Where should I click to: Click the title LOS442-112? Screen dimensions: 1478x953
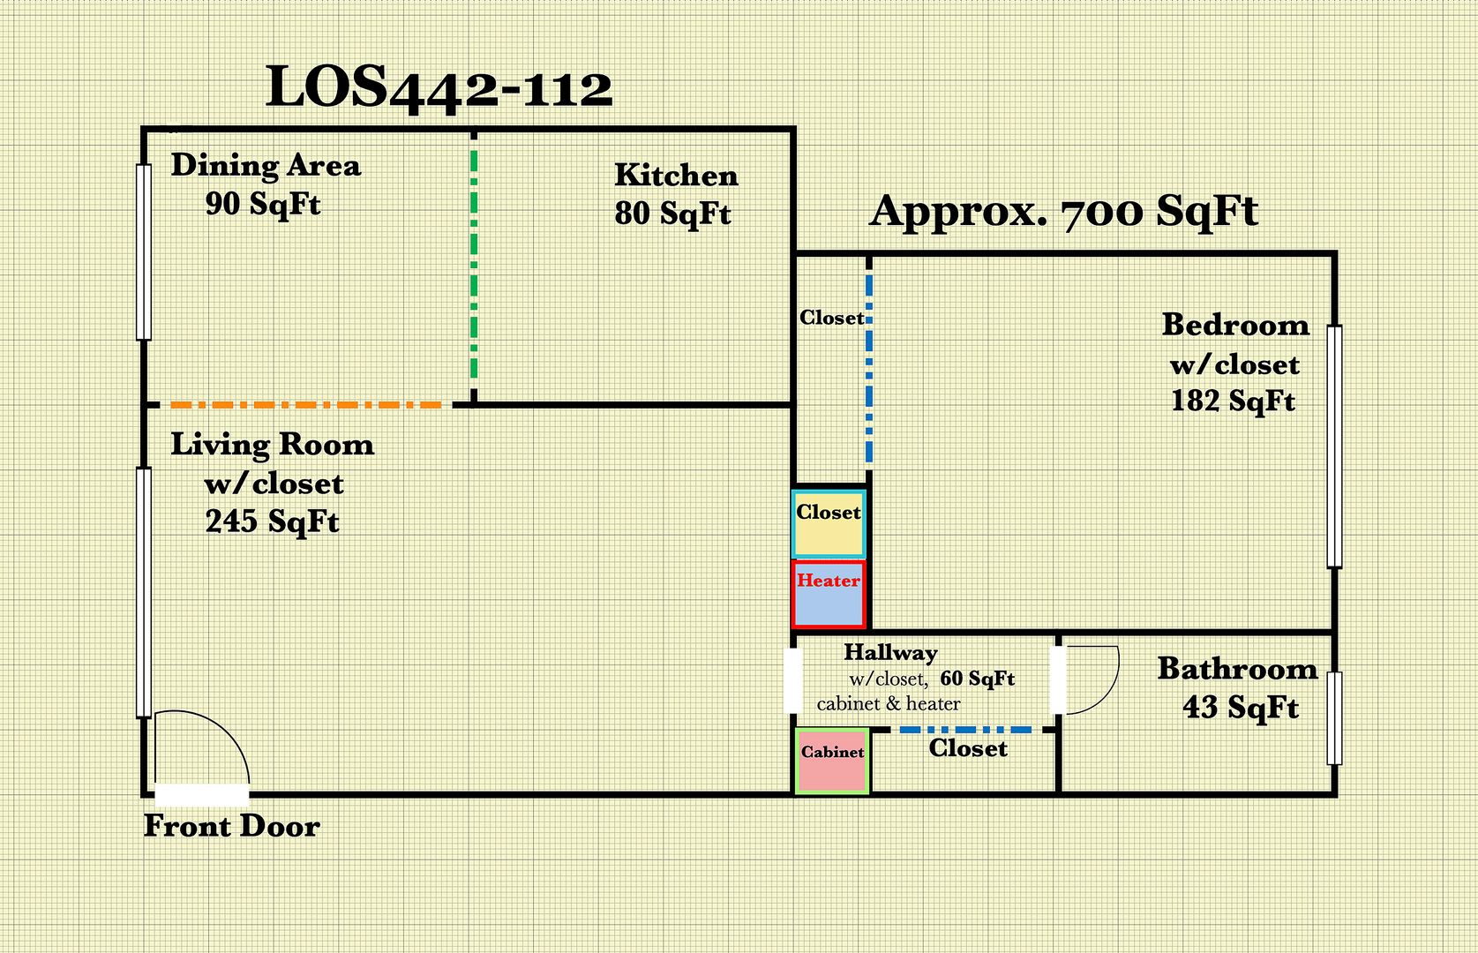pyautogui.click(x=439, y=89)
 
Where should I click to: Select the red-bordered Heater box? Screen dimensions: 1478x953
pyautogui.click(x=829, y=594)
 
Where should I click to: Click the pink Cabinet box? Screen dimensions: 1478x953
pyautogui.click(x=832, y=761)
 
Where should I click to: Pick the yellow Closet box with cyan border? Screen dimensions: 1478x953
pyautogui.click(x=829, y=524)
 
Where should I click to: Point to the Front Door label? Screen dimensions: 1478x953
pyautogui.click(x=231, y=826)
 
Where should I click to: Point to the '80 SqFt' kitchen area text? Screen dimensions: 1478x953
pyautogui.click(x=672, y=214)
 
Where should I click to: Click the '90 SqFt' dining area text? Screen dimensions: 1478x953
pyautogui.click(x=263, y=204)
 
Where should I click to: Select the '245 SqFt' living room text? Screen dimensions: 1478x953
pyautogui.click(x=272, y=522)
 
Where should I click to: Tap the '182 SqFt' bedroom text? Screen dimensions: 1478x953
pyautogui.click(x=1233, y=401)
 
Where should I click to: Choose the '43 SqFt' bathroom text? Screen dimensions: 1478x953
pyautogui.click(x=1241, y=708)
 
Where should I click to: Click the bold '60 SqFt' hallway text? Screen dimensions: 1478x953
pyautogui.click(x=977, y=679)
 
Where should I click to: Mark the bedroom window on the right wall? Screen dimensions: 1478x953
pyautogui.click(x=1334, y=446)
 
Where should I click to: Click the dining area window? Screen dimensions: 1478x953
pyautogui.click(x=143, y=252)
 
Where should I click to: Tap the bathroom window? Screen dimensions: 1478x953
pyautogui.click(x=1334, y=718)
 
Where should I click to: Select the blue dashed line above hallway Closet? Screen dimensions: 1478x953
pyautogui.click(x=965, y=730)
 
